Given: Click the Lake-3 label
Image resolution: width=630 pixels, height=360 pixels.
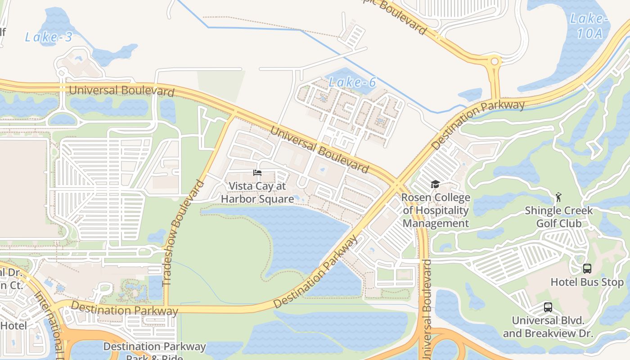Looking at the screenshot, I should [x=49, y=37].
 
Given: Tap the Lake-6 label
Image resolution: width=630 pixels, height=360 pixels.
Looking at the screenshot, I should [x=352, y=82].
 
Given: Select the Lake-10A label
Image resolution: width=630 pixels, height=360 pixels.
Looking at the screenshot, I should [x=589, y=26].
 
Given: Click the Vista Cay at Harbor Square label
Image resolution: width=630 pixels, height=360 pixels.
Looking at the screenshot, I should [x=257, y=192].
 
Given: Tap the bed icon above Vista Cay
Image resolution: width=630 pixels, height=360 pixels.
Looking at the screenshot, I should [x=257, y=173].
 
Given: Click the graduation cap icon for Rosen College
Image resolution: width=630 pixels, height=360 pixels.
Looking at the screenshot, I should [x=435, y=184].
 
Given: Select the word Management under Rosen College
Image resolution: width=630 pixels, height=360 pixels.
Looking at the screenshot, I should [x=436, y=223].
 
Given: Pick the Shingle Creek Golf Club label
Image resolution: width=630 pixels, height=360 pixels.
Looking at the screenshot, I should [x=559, y=217].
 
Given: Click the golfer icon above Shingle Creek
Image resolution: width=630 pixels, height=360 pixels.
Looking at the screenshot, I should [x=559, y=197].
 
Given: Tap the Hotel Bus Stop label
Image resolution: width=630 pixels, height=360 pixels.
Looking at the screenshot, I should [x=587, y=283].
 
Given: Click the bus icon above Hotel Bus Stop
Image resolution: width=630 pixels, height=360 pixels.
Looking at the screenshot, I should [x=587, y=269].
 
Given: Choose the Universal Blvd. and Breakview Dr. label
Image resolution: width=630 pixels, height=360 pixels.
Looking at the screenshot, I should [x=548, y=327].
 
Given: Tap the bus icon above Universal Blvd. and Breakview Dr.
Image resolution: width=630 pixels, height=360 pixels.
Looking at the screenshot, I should [x=548, y=307].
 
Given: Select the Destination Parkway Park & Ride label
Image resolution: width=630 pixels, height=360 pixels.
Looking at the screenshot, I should [x=154, y=350].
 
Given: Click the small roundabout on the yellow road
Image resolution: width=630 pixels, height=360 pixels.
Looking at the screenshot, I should [x=495, y=61].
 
